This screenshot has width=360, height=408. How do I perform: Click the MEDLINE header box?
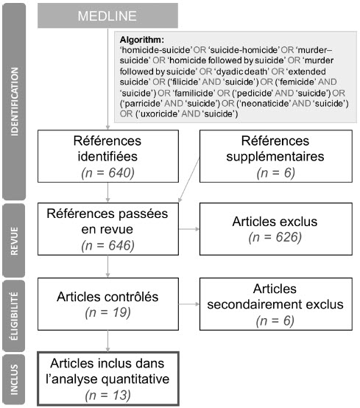tap(107, 15)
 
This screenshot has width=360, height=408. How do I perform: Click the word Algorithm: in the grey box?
tap(142, 40)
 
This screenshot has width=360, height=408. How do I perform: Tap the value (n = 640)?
tap(107, 173)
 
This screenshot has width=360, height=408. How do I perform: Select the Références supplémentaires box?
tap(276, 156)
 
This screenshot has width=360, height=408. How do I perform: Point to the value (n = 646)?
tap(107, 245)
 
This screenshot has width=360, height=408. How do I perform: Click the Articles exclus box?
tap(276, 229)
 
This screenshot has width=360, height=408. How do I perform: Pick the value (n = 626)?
tap(275, 237)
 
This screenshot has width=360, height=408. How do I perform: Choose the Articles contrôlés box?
tap(108, 304)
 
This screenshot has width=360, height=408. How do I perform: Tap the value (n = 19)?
tap(107, 312)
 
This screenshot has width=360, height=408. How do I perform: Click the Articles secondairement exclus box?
tap(276, 304)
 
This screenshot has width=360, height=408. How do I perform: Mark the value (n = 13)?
tap(107, 395)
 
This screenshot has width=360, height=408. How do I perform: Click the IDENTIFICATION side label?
tap(14, 102)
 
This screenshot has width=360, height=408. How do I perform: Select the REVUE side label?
tap(14, 241)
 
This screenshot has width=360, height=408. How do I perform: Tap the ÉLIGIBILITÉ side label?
tap(14, 316)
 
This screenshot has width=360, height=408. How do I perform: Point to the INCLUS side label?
tap(14, 379)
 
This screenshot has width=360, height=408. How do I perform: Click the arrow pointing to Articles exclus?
tap(189, 229)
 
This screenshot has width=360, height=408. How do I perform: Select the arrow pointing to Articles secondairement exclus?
tap(189, 304)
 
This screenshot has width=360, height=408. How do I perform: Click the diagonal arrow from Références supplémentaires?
tap(189, 180)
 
